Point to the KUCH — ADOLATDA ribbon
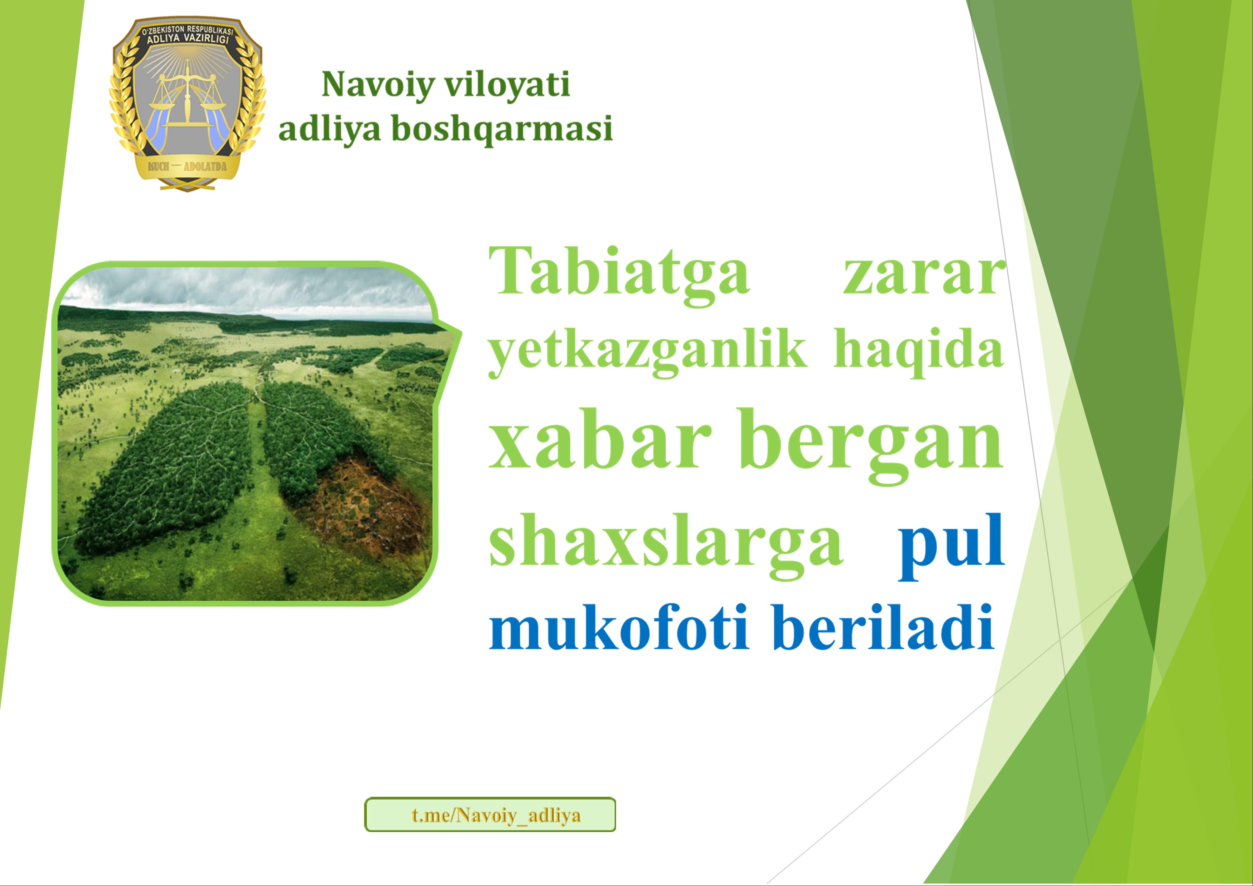point(187,166)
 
